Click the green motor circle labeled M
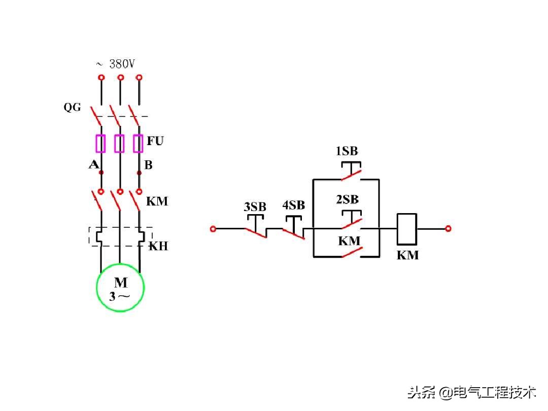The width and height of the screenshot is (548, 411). point(120,287)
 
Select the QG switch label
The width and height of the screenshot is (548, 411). point(72,108)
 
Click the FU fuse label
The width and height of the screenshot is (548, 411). point(155,141)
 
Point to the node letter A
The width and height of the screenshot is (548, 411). point(93,164)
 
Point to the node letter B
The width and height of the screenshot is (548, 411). point(148,165)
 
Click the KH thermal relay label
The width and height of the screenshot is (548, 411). point(158,247)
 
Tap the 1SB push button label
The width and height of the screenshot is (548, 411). point(347,151)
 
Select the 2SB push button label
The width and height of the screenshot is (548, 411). point(347,199)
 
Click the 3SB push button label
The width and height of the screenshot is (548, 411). point(255,207)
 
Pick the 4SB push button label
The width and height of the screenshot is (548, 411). point(293,205)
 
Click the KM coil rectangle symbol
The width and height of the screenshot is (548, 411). point(406,229)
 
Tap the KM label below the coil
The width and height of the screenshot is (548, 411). point(407,256)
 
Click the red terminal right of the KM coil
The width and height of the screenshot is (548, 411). point(448,229)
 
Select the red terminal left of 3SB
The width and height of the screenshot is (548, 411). point(213,229)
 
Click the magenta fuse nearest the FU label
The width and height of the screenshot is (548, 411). point(138,144)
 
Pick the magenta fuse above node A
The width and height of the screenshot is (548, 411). point(101,144)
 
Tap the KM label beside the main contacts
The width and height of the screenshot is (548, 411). point(157,201)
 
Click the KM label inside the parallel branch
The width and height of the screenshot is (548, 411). point(349,241)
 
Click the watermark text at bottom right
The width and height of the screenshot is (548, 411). point(472,392)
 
